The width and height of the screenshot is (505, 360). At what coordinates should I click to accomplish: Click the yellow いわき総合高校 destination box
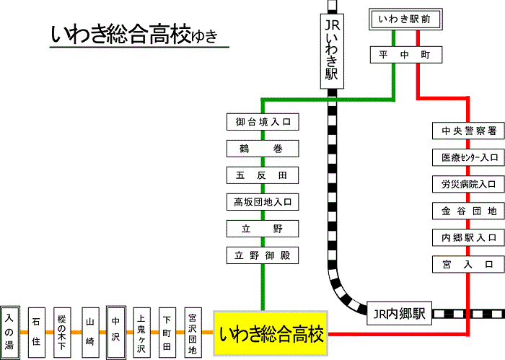pos(271,333)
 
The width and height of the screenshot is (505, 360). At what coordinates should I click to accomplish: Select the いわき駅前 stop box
pos(404,19)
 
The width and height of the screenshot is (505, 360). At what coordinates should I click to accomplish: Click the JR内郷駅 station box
pos(399,315)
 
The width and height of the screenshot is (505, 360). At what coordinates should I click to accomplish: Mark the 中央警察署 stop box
pos(468,131)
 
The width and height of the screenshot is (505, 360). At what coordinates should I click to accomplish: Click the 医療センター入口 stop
pos(468,157)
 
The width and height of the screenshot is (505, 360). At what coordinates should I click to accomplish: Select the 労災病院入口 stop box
pos(468,184)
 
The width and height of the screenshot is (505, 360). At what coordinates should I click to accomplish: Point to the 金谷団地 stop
pos(468,211)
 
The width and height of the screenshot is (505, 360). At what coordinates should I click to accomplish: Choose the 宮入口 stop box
pos(468,264)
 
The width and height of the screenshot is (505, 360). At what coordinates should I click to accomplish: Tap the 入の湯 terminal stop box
pos(9,330)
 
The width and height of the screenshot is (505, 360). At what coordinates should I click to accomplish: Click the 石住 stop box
pos(37,330)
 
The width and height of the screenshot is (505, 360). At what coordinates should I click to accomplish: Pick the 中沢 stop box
pos(115,330)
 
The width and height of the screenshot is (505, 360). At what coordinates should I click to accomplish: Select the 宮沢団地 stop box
pos(192,330)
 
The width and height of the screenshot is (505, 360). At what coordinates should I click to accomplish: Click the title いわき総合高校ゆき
pos(134,34)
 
